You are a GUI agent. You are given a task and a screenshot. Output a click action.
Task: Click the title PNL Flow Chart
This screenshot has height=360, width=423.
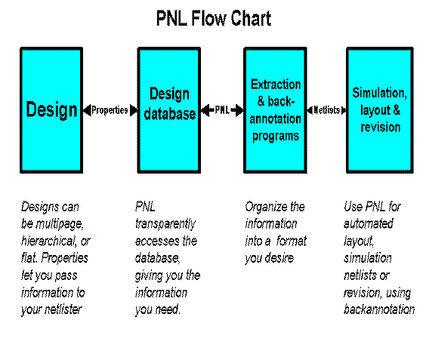click(214, 18)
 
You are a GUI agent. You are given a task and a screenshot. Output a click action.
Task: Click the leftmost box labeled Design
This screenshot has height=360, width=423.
click(51, 110)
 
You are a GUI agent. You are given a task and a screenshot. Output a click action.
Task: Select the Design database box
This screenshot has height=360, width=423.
click(169, 110)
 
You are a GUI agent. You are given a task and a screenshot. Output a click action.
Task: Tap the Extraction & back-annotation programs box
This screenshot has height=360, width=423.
click(275, 110)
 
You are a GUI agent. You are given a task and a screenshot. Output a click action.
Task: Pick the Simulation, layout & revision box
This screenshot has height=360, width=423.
click(380, 110)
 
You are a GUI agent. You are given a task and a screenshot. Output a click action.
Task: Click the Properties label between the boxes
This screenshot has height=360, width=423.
click(110, 110)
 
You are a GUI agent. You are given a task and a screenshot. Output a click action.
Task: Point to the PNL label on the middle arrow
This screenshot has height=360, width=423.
click(222, 110)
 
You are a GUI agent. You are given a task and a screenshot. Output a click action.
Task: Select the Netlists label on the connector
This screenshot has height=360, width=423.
click(326, 110)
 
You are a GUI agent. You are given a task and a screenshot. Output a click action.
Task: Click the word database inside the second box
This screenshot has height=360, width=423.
click(170, 114)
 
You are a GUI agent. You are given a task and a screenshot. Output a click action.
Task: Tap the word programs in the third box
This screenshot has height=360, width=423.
click(276, 137)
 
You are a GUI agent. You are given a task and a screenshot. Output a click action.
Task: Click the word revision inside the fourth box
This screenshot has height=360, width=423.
click(381, 127)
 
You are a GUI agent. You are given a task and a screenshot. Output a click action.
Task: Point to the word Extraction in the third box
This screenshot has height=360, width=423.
click(276, 85)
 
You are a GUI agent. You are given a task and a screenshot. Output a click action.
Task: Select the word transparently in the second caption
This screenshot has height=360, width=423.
click(165, 224)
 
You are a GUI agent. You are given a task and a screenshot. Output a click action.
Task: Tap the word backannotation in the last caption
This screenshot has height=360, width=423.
click(379, 309)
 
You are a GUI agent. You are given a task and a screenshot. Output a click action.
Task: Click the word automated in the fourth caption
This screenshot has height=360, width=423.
click(369, 224)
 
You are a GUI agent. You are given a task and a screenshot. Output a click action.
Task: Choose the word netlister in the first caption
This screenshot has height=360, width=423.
click(63, 309)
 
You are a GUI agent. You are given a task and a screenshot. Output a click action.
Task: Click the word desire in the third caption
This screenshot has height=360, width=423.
click(279, 258)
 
